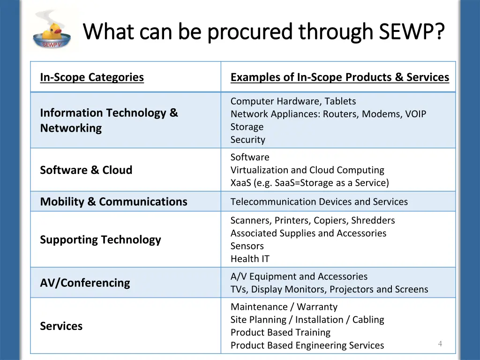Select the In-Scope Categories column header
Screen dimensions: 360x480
click(x=92, y=77)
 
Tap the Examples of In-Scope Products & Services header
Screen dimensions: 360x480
click(x=339, y=77)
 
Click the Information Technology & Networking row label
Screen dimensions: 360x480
click(x=109, y=120)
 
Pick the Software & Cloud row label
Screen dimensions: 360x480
click(x=86, y=170)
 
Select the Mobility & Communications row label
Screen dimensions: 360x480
click(x=113, y=202)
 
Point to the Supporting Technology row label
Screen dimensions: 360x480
click(x=100, y=240)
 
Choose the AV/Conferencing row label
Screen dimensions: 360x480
click(x=85, y=283)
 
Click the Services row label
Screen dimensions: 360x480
click(x=61, y=326)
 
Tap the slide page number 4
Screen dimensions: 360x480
click(x=440, y=344)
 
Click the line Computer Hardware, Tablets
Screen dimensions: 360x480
click(x=293, y=101)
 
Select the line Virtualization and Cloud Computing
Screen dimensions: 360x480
click(x=307, y=170)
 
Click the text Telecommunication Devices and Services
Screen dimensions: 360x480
click(x=319, y=202)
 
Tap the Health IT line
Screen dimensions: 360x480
click(x=250, y=259)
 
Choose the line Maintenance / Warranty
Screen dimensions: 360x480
click(x=284, y=307)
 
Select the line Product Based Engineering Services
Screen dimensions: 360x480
click(x=307, y=345)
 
